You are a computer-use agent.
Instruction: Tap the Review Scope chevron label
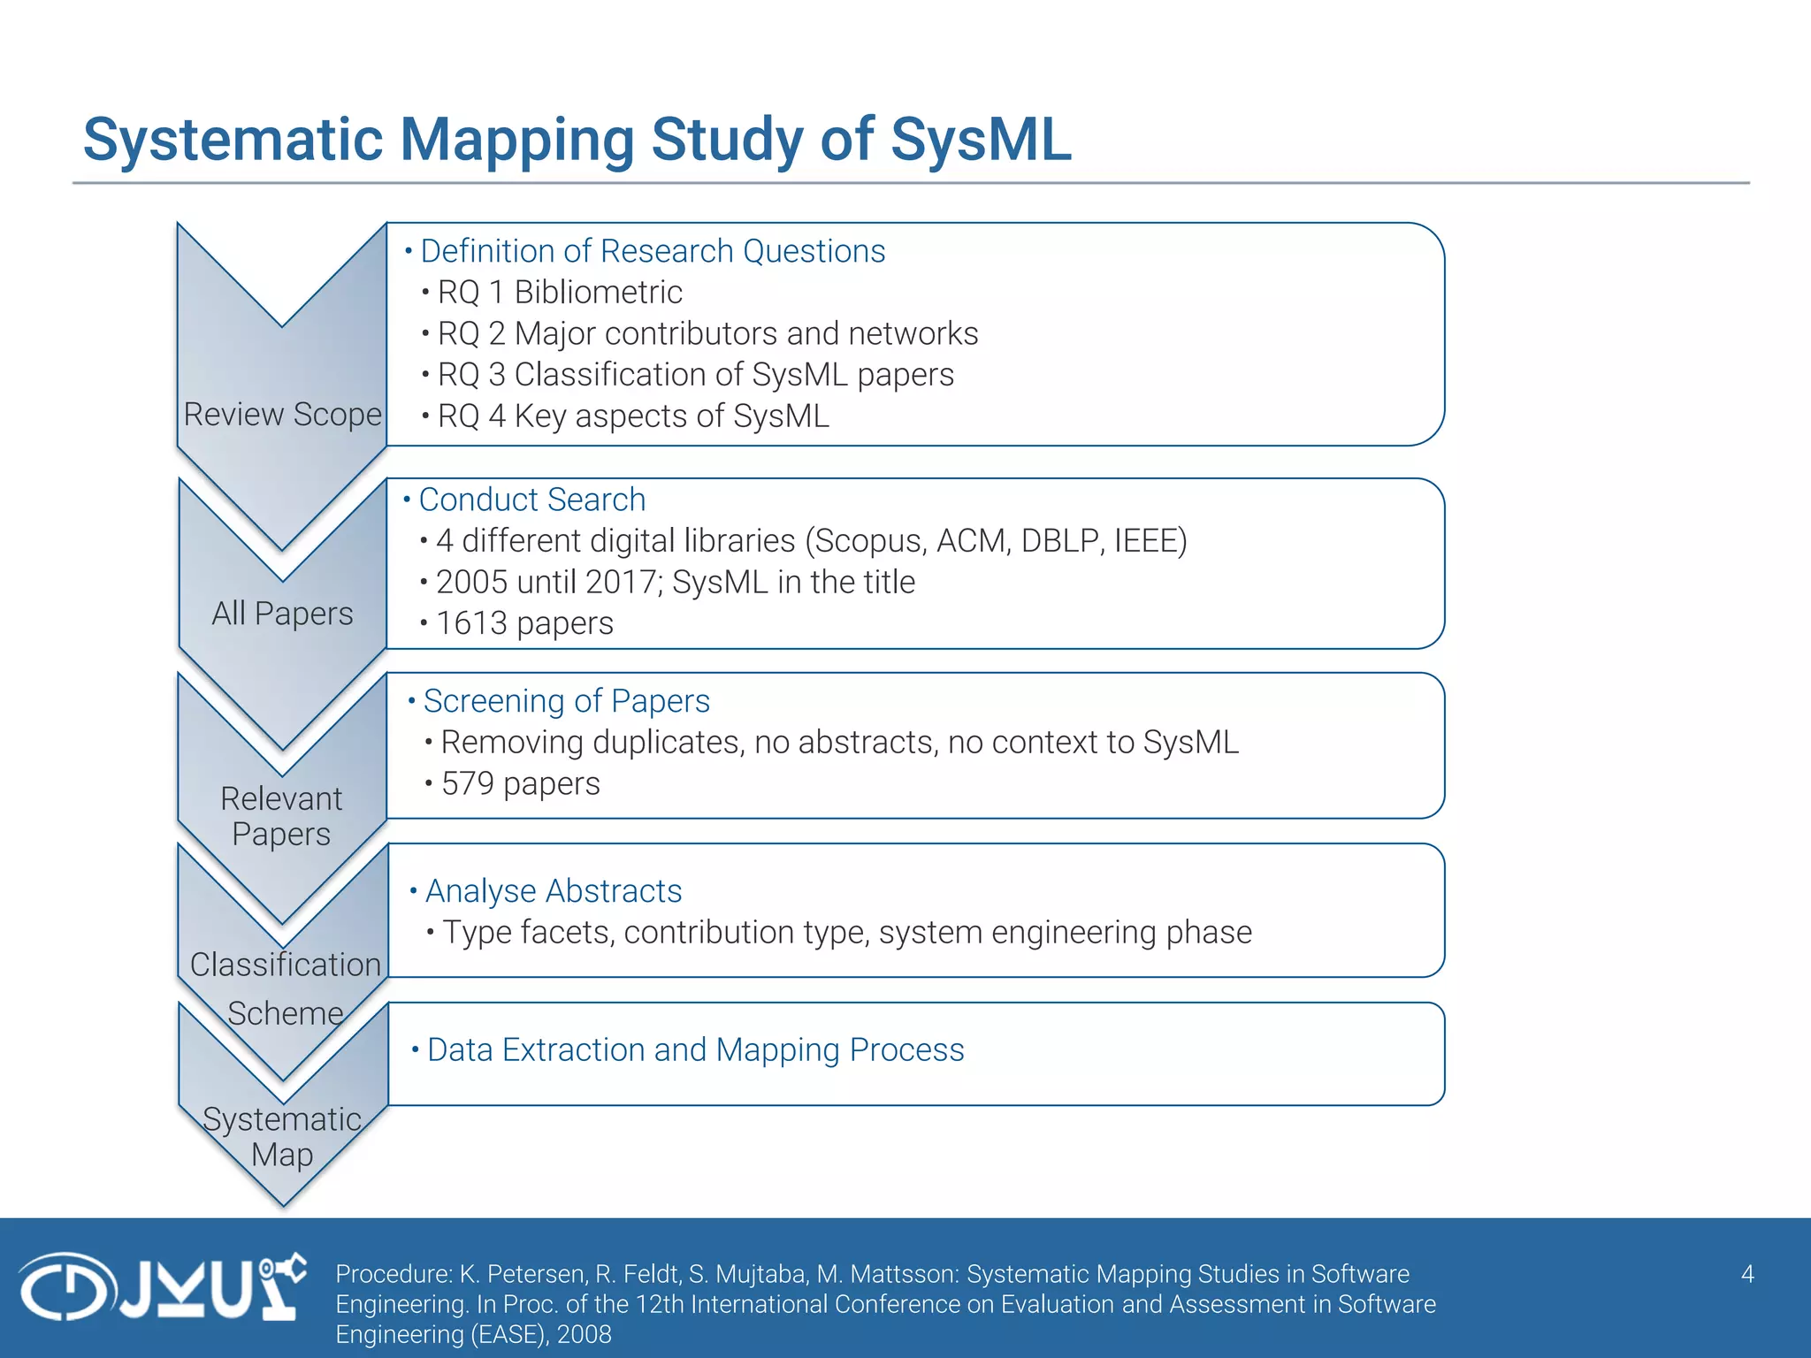point(282,414)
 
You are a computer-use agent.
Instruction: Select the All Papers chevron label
point(282,613)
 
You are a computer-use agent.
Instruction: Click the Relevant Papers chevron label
point(281,816)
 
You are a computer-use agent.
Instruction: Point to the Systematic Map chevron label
point(282,1137)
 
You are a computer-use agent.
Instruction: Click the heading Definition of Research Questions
point(652,251)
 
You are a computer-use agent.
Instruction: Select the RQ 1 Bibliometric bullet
point(559,293)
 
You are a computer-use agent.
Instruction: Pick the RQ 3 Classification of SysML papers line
point(695,375)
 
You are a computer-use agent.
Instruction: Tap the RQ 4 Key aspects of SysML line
point(633,416)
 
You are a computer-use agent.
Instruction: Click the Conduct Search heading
point(531,500)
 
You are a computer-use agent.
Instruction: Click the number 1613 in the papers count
point(471,623)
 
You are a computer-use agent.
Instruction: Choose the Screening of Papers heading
point(566,701)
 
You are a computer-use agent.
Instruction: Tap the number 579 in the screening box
point(467,784)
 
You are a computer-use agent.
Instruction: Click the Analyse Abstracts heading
point(554,891)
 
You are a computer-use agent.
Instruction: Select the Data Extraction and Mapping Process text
point(695,1050)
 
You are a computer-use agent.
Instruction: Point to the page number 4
point(1746,1274)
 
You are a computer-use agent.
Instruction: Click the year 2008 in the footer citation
point(584,1334)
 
